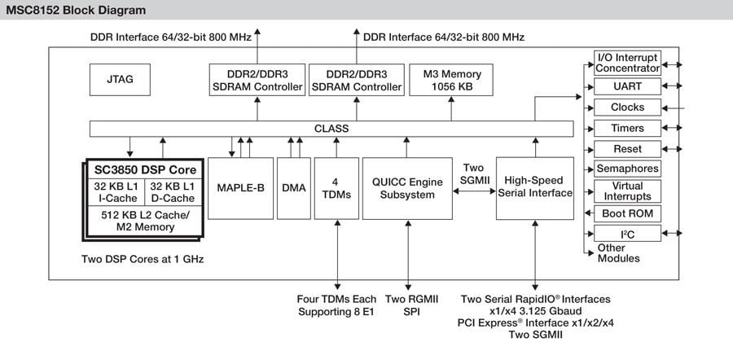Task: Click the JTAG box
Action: coord(120,80)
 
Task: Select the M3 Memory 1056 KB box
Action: coord(452,80)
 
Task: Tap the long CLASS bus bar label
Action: coord(331,129)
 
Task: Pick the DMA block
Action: coord(293,187)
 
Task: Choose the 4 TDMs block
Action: coord(336,187)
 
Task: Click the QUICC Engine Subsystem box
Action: coord(407,187)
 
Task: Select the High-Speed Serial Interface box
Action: coord(534,187)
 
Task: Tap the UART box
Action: coord(627,86)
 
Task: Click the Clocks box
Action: coord(627,107)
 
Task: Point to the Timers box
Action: coord(627,128)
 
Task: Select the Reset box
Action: coord(627,149)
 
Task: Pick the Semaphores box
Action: coord(627,169)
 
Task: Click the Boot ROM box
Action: coord(627,213)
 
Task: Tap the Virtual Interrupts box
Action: coord(627,191)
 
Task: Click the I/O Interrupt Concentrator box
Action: coord(627,62)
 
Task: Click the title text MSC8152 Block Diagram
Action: coord(77,11)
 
